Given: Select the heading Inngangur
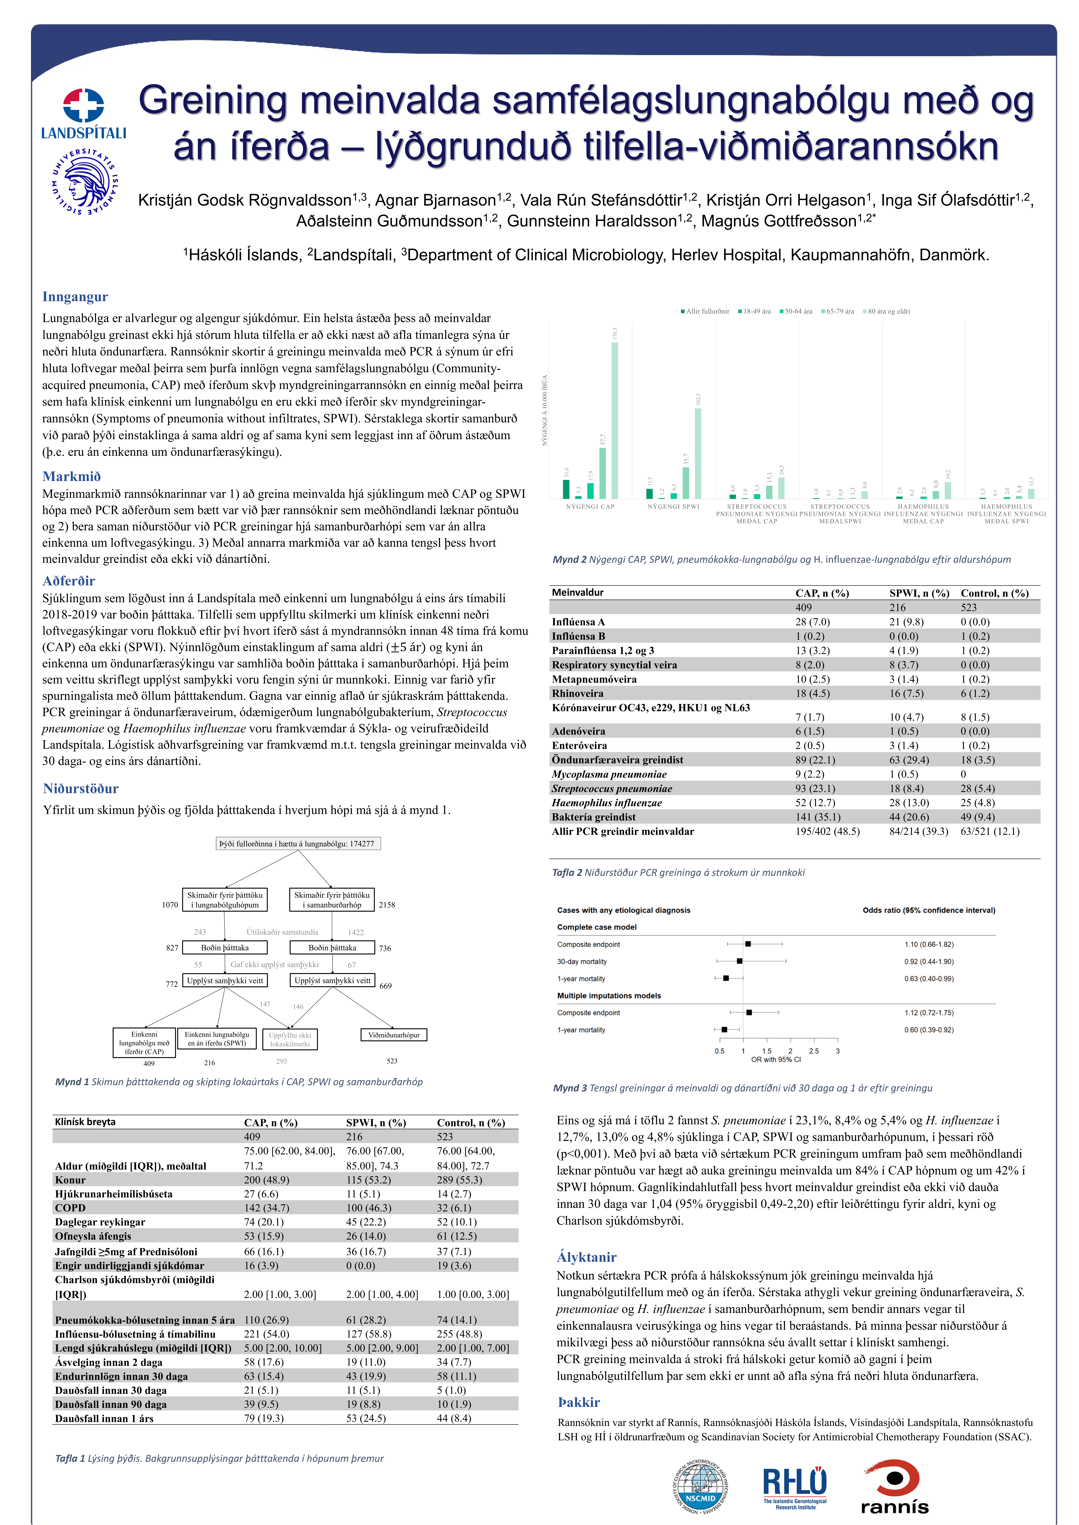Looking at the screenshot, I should point(75,297).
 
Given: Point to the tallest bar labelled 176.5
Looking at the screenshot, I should point(615,420).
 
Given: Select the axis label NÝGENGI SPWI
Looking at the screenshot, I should point(673,507).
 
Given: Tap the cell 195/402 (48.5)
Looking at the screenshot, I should point(827,832).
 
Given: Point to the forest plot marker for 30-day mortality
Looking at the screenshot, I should point(739,961).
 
